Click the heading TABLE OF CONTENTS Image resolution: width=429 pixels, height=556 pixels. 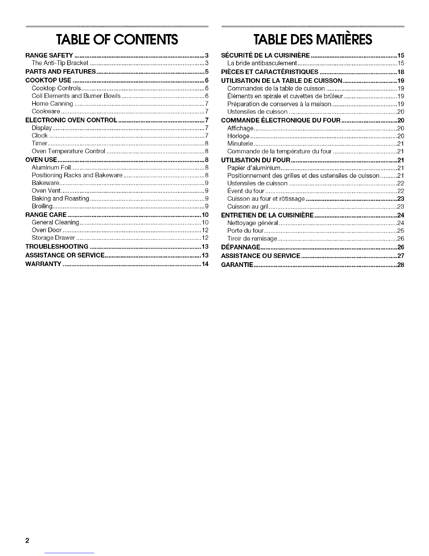[x=117, y=40]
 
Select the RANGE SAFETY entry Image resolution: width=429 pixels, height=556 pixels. [x=49, y=55]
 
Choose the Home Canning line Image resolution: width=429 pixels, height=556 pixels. [x=52, y=104]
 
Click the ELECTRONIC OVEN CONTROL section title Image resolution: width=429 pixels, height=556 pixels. [x=71, y=120]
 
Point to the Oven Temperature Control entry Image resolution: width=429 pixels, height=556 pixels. [x=68, y=151]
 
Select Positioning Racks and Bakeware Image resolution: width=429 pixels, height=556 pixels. [x=77, y=175]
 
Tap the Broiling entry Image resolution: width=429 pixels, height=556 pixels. [x=42, y=206]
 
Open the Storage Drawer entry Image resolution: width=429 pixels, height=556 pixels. [x=53, y=238]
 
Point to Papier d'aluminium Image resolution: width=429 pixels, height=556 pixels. [x=252, y=167]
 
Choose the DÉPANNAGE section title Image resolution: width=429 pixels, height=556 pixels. [x=240, y=247]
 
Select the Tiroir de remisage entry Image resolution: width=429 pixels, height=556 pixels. [x=252, y=239]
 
